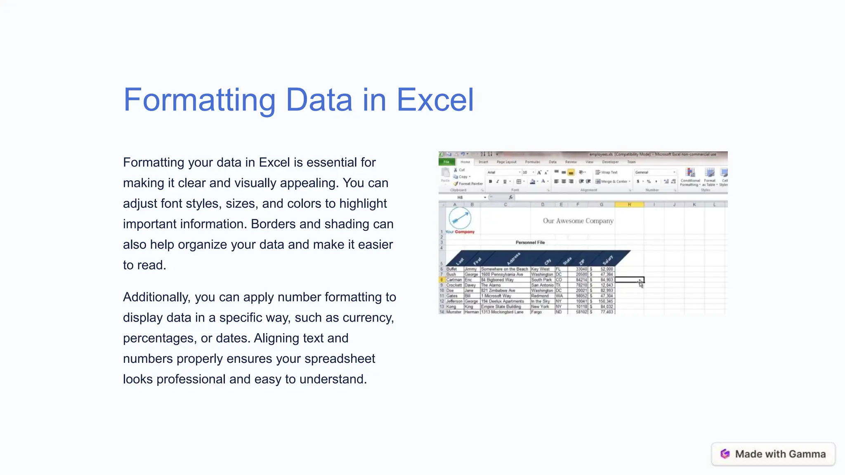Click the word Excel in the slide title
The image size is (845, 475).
pos(435,100)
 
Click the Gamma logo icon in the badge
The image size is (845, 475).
pos(725,454)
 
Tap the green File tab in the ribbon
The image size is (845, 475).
pos(446,162)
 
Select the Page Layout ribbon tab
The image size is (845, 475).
pos(506,162)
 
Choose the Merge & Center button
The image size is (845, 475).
pos(613,181)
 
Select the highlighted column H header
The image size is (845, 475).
pos(629,205)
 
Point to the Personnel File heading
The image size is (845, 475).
pos(530,242)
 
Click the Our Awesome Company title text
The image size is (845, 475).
pos(578,221)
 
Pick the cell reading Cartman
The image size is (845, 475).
pos(454,280)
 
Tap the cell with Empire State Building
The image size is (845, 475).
pos(501,307)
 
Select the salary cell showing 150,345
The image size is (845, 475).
pos(605,301)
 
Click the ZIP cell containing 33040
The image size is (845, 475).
pos(581,269)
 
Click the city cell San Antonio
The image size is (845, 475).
pos(542,285)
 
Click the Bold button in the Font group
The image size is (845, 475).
pos(490,181)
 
